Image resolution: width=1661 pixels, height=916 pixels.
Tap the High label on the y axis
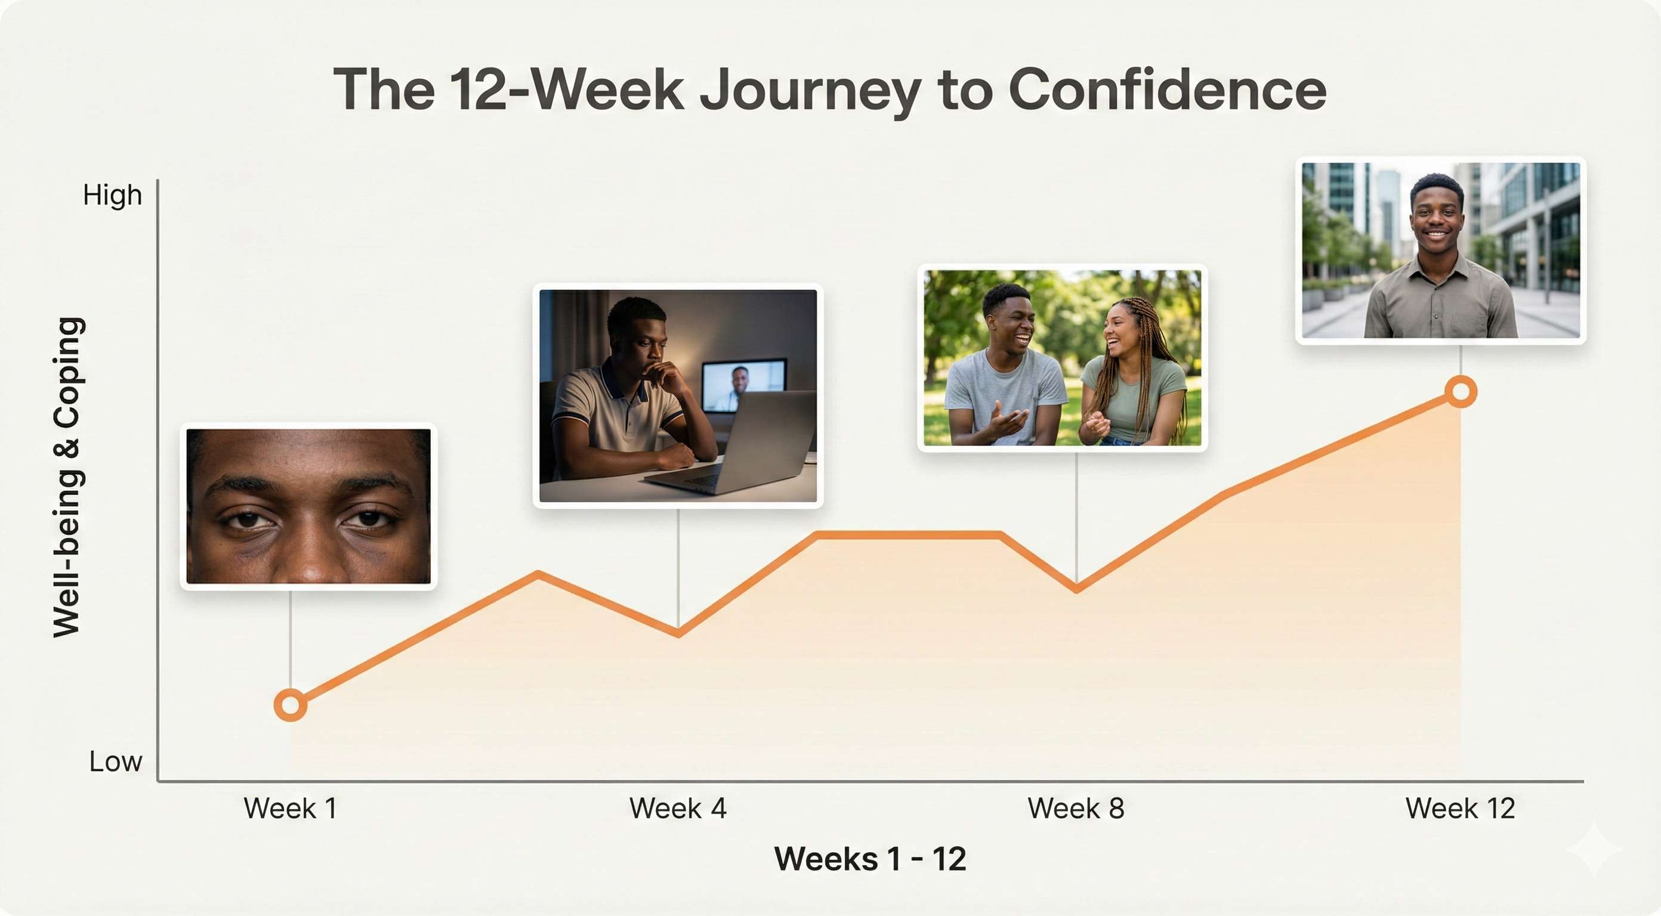[x=112, y=194]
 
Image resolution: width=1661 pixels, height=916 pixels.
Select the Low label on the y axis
[x=115, y=762]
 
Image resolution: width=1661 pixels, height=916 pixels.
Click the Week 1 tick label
[x=290, y=808]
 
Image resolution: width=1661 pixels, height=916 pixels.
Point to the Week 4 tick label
[x=678, y=808]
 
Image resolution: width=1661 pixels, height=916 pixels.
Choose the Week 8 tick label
[x=1076, y=808]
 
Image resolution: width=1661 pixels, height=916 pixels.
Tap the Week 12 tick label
[x=1460, y=808]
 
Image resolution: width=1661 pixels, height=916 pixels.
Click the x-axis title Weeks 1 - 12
[x=870, y=859]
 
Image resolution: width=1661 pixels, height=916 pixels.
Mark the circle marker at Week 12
[x=1461, y=391]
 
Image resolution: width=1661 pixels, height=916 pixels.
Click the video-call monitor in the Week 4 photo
[x=743, y=385]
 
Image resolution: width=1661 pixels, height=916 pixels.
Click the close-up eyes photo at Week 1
[x=308, y=507]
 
